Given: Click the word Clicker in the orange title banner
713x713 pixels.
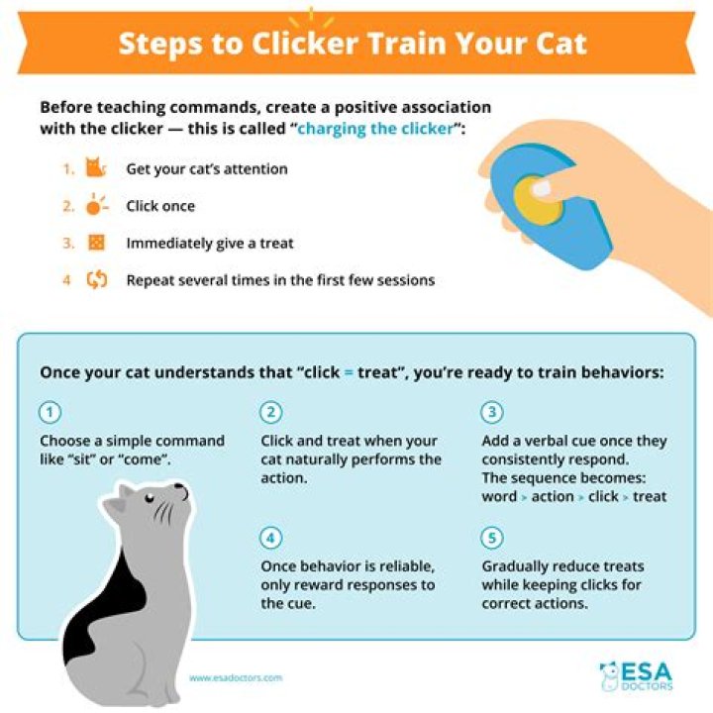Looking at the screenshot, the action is (305, 44).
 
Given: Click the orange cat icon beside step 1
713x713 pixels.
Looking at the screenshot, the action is (95, 167).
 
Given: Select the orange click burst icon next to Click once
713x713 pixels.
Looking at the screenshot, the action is (96, 204).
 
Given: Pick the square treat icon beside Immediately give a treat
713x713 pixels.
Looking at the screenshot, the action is (96, 243).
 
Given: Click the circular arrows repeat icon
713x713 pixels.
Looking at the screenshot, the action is (97, 279).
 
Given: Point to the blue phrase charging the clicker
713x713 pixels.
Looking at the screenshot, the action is (375, 129).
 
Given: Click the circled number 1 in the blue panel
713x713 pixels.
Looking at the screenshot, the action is (51, 412).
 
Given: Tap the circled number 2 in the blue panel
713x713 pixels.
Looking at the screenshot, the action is (271, 412).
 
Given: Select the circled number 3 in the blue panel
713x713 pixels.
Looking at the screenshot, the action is (492, 412).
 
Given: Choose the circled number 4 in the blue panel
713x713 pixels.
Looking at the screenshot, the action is (271, 538).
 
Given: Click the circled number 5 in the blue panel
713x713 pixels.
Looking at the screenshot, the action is (492, 538).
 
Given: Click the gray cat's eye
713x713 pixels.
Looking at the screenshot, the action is (150, 498).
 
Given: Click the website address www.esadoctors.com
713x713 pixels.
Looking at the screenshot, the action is (236, 678).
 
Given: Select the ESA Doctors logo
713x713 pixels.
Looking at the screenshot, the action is (636, 676).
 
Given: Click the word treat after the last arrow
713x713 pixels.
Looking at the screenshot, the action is (650, 496).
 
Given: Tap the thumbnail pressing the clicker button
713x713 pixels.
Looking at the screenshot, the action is (541, 188).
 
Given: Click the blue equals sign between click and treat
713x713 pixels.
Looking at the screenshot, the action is (349, 373).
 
